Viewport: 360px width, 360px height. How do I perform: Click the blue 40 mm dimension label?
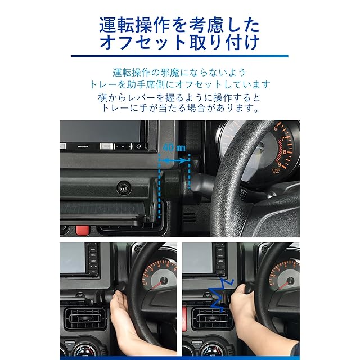[174, 147]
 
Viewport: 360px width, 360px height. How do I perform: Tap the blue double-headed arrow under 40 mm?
[174, 160]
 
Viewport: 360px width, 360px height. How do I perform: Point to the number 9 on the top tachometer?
[280, 164]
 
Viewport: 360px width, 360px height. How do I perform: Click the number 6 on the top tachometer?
[276, 128]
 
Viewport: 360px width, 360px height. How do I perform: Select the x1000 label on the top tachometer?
[276, 170]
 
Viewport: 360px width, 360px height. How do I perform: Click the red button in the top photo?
[83, 230]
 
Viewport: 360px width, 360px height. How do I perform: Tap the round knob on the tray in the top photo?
[124, 187]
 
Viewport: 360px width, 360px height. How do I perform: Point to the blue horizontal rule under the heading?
[179, 56]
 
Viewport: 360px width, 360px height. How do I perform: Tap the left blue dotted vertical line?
[159, 186]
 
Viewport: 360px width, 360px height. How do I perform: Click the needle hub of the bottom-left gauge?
[164, 280]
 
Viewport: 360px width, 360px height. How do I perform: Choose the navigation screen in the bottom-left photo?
[73, 258]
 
